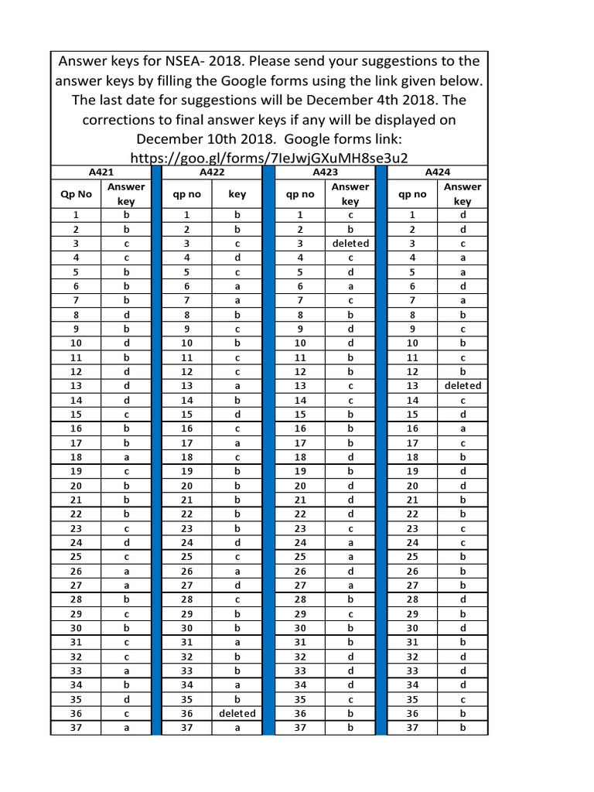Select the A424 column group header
pos(438,172)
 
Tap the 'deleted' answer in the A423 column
pos(350,243)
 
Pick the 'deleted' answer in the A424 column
pos(463,385)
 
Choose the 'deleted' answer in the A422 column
pos(237,713)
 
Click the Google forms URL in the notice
pos(269,157)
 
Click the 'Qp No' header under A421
pos(76,194)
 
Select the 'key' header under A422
pos(237,194)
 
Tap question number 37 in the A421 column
pos(76,728)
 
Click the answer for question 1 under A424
pos(463,215)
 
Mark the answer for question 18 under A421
pos(126,457)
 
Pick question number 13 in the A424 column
pos(412,385)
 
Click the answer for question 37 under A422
pos(237,728)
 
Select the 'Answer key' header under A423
pos(350,194)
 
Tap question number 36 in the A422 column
pos(186,713)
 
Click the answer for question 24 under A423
pos(350,542)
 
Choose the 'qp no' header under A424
pos(412,194)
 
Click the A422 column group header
pos(211,172)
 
